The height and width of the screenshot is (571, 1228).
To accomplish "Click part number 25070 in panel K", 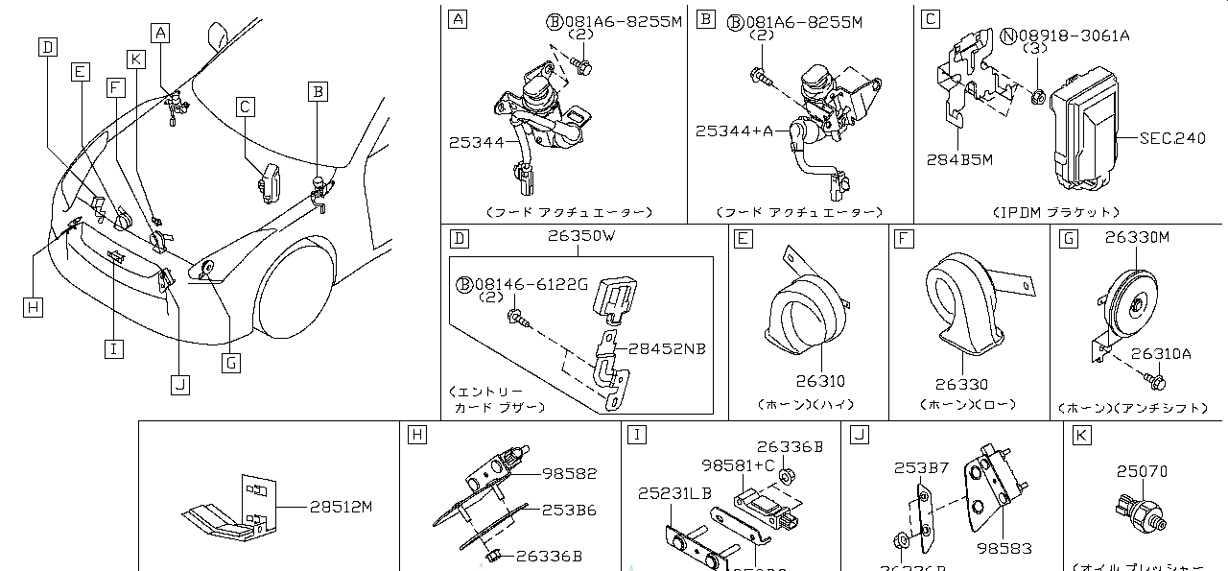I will pyautogui.click(x=1142, y=471).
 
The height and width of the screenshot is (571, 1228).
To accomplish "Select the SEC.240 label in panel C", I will pyautogui.click(x=1171, y=139).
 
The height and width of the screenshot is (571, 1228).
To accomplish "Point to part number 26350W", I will pyautogui.click(x=580, y=237).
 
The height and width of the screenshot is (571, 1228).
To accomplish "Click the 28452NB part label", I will pyautogui.click(x=667, y=348).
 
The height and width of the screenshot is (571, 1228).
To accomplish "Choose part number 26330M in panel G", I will pyautogui.click(x=1137, y=237).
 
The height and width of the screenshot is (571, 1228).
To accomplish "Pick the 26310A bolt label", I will pyautogui.click(x=1160, y=354).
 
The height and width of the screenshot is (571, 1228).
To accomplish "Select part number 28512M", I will pyautogui.click(x=339, y=507).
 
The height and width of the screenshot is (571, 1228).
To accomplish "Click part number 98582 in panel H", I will pyautogui.click(x=569, y=473).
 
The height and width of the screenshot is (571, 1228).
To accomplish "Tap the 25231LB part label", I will pyautogui.click(x=674, y=493).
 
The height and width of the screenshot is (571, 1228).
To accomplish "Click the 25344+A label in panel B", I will pyautogui.click(x=734, y=130).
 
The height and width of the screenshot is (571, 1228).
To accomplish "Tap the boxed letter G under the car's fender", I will pyautogui.click(x=230, y=363).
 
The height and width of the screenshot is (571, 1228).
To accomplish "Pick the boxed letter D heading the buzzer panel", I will pyautogui.click(x=460, y=237).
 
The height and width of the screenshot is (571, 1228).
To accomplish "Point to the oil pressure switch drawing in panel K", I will pyautogui.click(x=1139, y=508).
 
